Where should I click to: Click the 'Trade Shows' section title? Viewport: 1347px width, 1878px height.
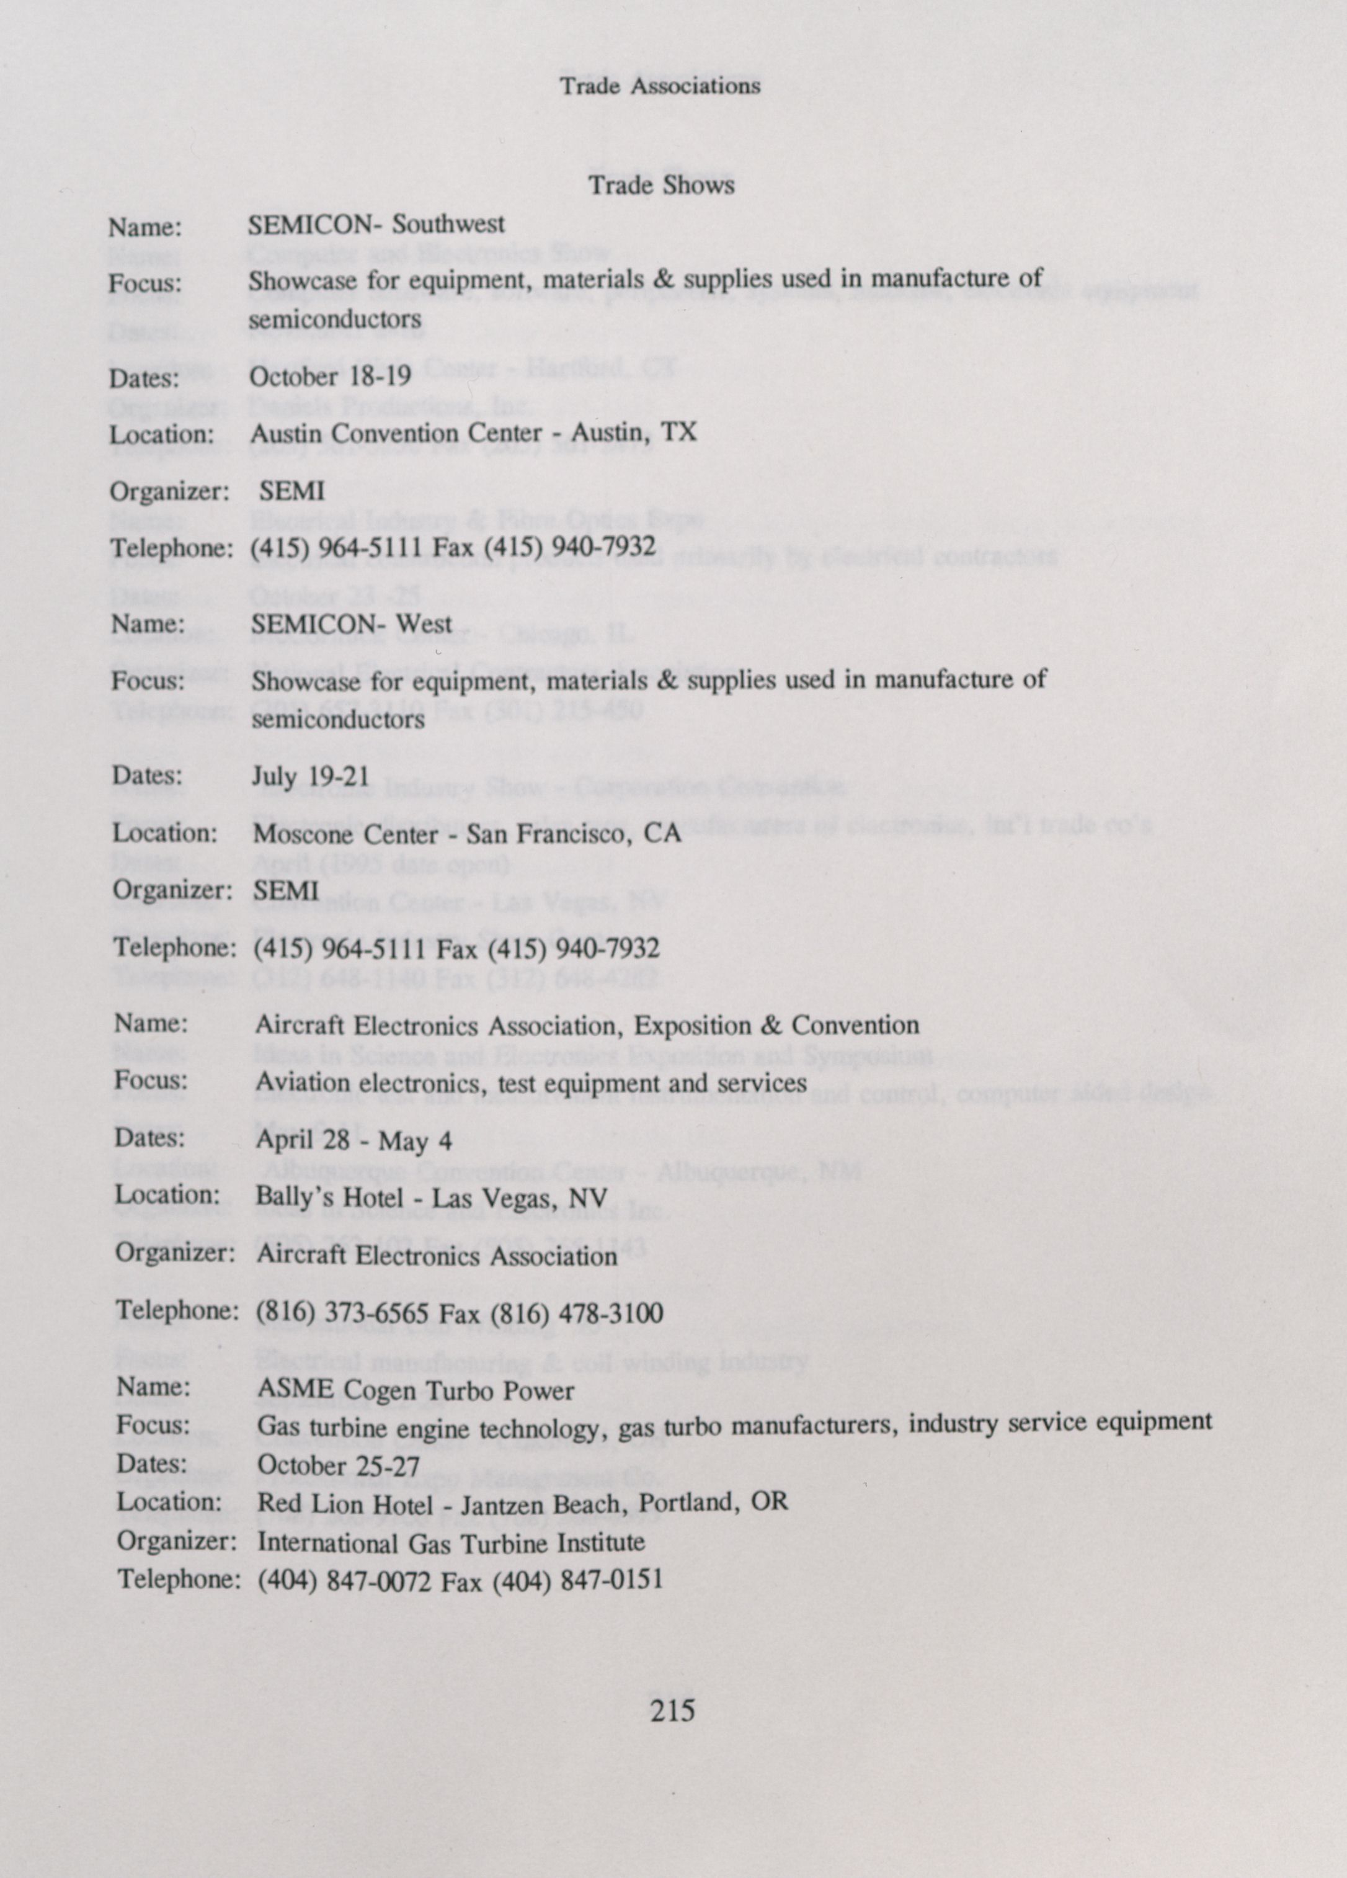[660, 185]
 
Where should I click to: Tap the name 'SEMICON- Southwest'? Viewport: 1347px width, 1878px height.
[376, 225]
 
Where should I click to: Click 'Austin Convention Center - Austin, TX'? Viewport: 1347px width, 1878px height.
[473, 433]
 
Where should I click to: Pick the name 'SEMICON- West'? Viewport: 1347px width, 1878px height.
[352, 624]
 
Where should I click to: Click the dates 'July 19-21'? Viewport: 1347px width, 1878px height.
[311, 777]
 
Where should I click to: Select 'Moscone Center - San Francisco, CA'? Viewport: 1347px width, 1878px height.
[467, 833]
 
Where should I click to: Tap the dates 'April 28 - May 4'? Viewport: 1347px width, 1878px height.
[353, 1140]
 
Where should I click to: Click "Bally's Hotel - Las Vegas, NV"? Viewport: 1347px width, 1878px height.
[432, 1197]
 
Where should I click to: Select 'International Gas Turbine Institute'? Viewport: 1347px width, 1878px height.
[451, 1542]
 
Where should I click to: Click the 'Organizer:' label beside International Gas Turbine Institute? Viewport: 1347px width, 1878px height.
[177, 1541]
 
